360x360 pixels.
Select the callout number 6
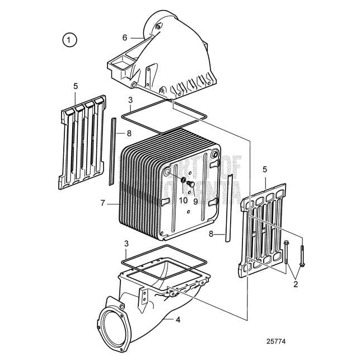(125, 38)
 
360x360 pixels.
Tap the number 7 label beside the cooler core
(102, 203)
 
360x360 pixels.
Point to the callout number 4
(178, 320)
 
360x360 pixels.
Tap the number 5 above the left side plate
(76, 86)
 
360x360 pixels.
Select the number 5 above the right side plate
(265, 169)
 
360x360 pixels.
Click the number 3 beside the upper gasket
(130, 100)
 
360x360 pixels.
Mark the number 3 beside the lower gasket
(127, 244)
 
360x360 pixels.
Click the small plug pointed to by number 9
(191, 184)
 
